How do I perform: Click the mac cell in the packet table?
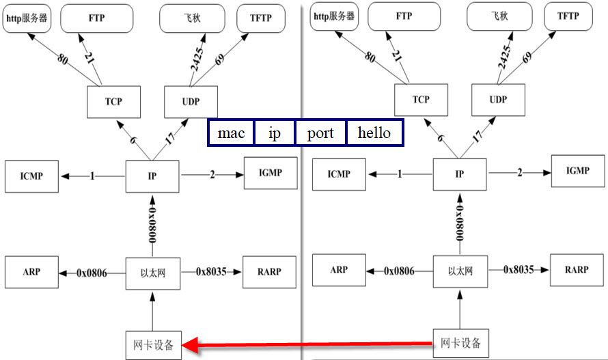pyautogui.click(x=231, y=133)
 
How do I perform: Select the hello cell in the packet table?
pyautogui.click(x=374, y=133)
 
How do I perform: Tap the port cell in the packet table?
pyautogui.click(x=320, y=133)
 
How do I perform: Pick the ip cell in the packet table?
pyautogui.click(x=274, y=133)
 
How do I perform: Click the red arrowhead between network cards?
pyautogui.click(x=193, y=345)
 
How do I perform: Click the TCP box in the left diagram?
pyautogui.click(x=113, y=102)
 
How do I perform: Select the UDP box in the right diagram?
pyautogui.click(x=498, y=99)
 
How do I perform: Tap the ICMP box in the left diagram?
pyautogui.click(x=31, y=176)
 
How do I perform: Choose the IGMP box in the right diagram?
pyautogui.click(x=577, y=171)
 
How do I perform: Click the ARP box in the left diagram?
pyautogui.click(x=31, y=272)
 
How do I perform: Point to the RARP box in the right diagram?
pyautogui.click(x=577, y=270)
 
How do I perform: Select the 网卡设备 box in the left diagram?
pyautogui.click(x=153, y=344)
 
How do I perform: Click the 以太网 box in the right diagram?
pyautogui.click(x=460, y=271)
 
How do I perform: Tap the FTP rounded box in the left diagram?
pyautogui.click(x=96, y=18)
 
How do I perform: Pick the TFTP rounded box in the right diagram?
pyautogui.click(x=568, y=16)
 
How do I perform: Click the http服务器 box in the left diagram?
pyautogui.click(x=27, y=18)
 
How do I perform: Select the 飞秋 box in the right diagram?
pyautogui.click(x=499, y=16)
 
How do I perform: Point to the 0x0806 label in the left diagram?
pyautogui.click(x=92, y=273)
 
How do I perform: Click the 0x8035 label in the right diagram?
pyautogui.click(x=519, y=270)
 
